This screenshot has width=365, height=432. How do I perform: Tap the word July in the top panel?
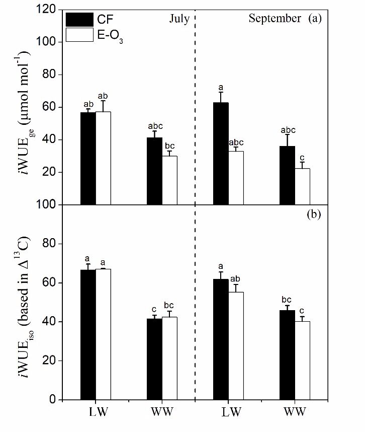[178, 19]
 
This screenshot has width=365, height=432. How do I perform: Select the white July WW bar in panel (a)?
[170, 180]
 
